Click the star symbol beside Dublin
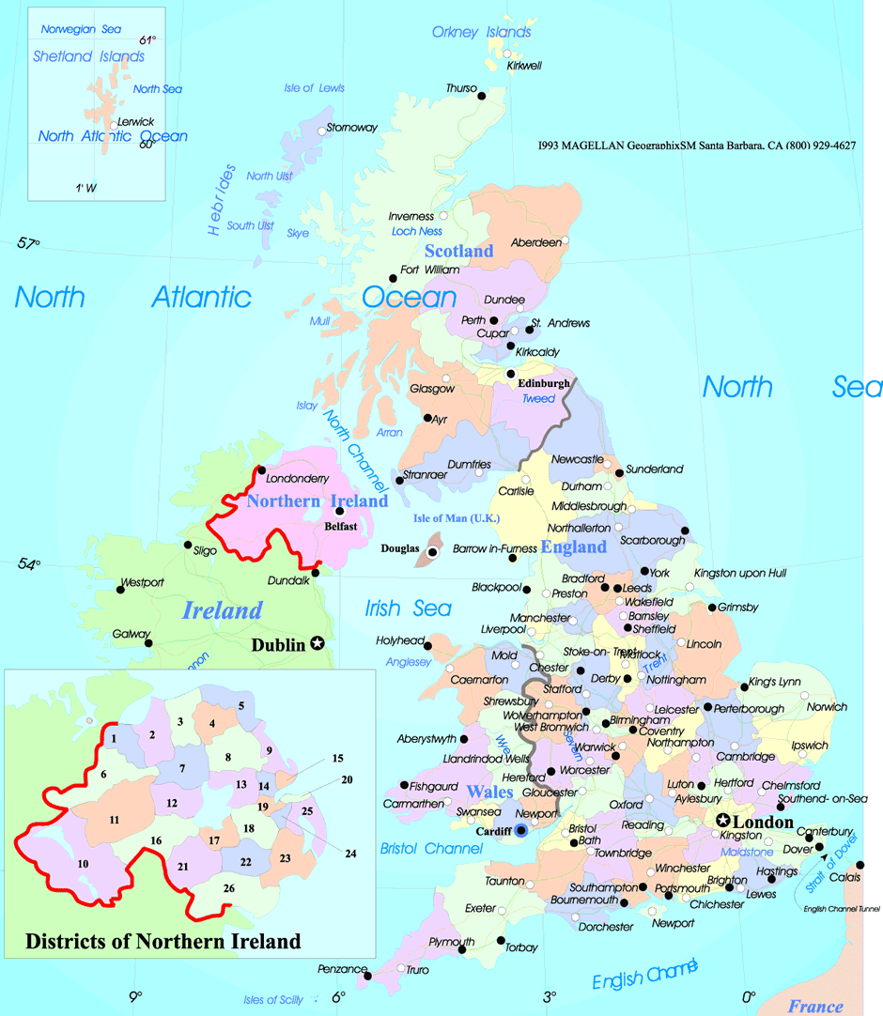coord(318,643)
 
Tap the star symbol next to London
coord(723,820)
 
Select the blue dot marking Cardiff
coord(521,830)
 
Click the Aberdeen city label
coord(535,242)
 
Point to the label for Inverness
coord(411,217)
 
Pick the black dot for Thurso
coord(482,95)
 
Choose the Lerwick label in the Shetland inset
coord(135,121)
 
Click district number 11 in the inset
coord(114,820)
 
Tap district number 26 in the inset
coord(228,887)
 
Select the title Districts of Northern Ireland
coord(163,941)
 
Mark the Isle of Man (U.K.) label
coord(457,518)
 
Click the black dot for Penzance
coord(368,977)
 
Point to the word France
coord(815,1007)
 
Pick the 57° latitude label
coord(29,243)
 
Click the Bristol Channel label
coord(431,849)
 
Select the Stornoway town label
coord(351,128)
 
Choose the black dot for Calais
coord(860,865)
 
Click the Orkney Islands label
coord(481,33)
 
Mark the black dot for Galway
coord(148,643)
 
